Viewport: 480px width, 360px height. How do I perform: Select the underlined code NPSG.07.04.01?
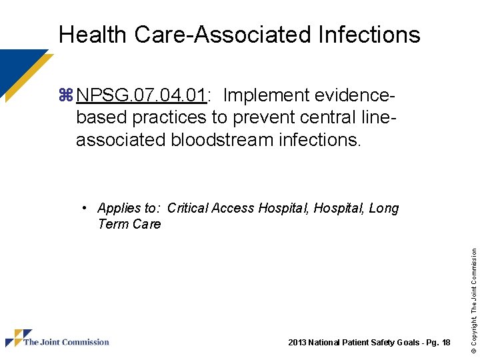pos(141,96)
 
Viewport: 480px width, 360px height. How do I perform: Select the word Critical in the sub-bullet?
pos(187,208)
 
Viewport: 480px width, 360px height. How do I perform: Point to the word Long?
pos(383,208)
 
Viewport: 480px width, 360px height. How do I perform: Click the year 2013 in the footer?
pos(296,343)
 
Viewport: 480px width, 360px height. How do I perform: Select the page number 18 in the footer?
pos(446,343)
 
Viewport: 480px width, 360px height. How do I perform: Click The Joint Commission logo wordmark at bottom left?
pos(66,342)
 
